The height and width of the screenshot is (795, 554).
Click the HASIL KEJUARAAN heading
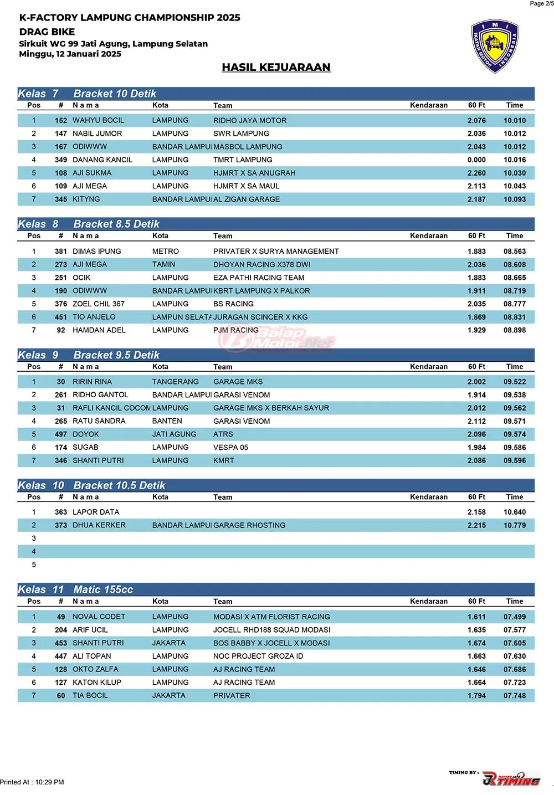click(276, 67)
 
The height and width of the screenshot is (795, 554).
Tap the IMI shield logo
click(495, 47)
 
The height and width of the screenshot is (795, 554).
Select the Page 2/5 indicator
click(541, 4)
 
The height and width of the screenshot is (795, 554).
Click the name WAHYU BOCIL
click(98, 120)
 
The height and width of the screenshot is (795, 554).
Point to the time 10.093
click(515, 199)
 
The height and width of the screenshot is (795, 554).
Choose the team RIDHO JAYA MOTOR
click(250, 120)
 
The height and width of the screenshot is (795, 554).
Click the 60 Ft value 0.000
click(476, 160)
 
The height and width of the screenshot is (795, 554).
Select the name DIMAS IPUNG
click(96, 252)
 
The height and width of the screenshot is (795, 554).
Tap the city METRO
click(166, 252)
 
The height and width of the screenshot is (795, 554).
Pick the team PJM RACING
click(236, 330)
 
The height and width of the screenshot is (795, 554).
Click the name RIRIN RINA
click(92, 382)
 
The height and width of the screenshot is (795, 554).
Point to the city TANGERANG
click(175, 382)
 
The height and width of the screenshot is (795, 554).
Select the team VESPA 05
click(231, 448)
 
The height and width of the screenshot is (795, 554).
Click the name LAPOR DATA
click(96, 512)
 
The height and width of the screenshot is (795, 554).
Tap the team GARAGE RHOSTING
click(249, 525)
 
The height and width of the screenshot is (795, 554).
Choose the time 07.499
click(515, 617)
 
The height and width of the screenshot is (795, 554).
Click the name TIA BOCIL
click(90, 696)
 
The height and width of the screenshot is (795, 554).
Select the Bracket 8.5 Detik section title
click(116, 224)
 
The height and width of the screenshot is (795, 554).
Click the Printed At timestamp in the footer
click(32, 782)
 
